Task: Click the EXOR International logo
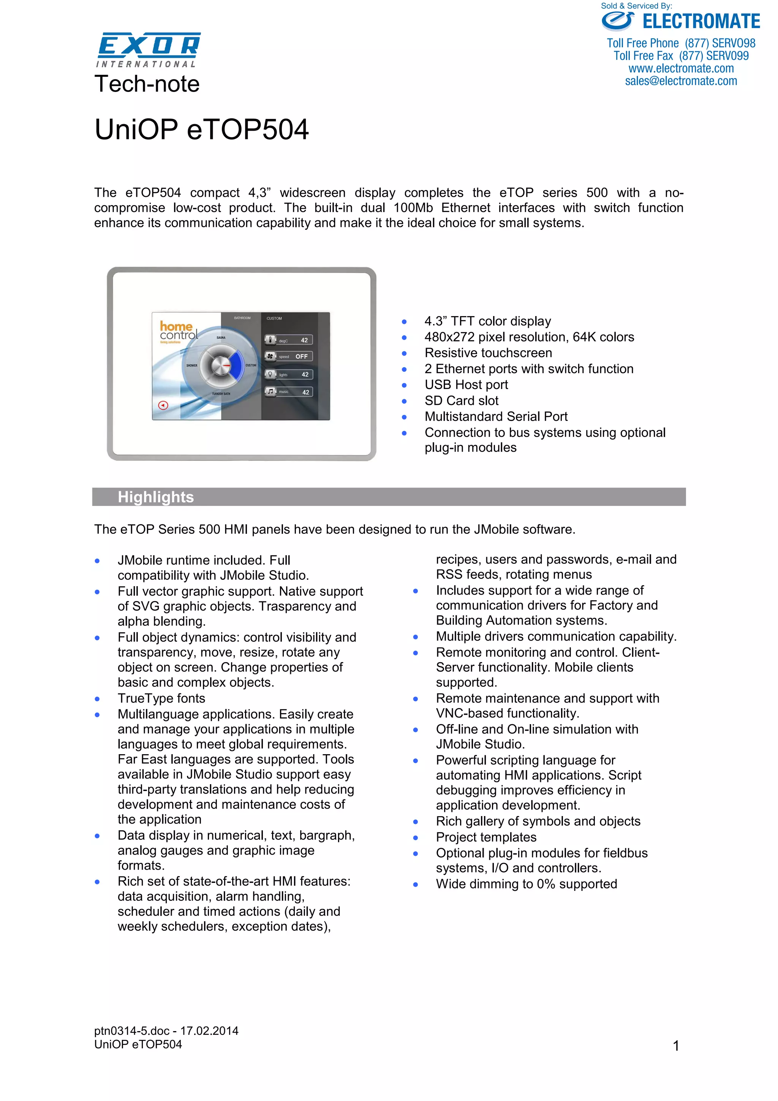coord(149,49)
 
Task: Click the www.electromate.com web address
coord(681,68)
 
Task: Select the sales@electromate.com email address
coord(681,81)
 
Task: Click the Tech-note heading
coord(147,84)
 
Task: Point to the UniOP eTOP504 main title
coord(201,130)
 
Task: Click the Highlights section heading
coord(156,497)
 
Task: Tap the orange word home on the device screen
coord(176,326)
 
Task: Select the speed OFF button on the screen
coord(289,356)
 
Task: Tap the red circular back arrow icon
coord(163,406)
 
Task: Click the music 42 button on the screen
coord(289,392)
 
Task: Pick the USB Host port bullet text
coord(466,384)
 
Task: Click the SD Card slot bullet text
coord(461,400)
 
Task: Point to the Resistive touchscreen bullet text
coord(488,353)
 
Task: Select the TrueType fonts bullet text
coord(161,698)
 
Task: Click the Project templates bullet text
coord(486,837)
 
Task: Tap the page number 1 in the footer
coord(676,1046)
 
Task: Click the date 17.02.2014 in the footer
coord(209,1031)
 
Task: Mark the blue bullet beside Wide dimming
coord(416,885)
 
